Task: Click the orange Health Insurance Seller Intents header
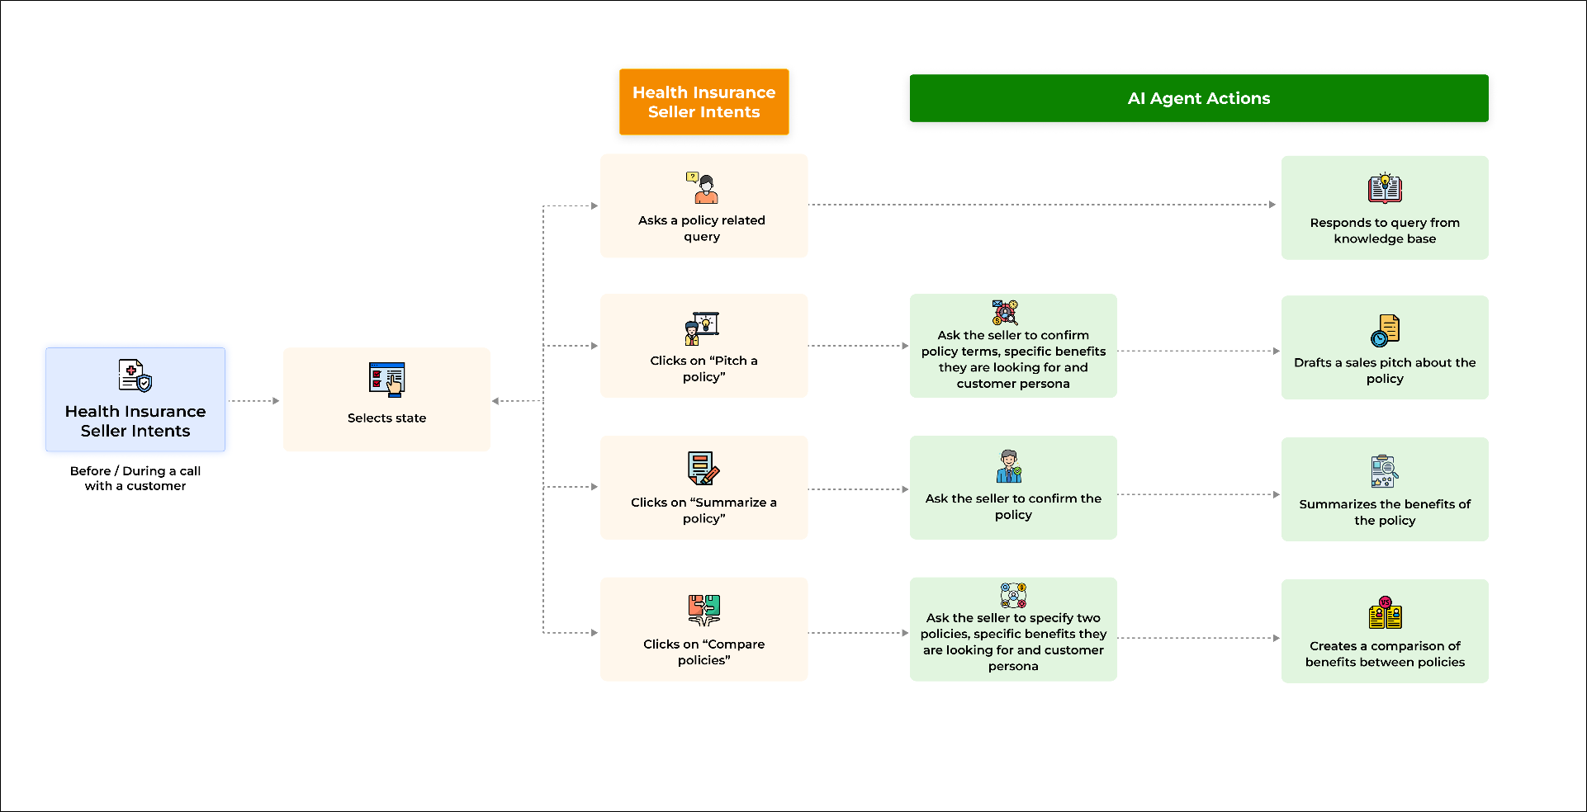tap(703, 101)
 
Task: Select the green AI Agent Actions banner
tap(1199, 98)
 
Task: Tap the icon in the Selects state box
tap(386, 380)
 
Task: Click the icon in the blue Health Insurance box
tap(135, 375)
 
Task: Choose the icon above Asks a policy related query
tap(703, 187)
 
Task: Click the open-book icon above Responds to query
tap(1385, 189)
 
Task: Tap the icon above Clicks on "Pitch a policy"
tap(703, 328)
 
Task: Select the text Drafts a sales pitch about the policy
tap(1385, 371)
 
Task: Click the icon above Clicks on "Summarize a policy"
tap(703, 469)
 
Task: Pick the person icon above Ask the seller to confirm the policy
tap(1009, 466)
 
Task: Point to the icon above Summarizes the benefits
tap(1385, 471)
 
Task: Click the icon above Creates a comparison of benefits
tap(1386, 613)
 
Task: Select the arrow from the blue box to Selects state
tap(254, 401)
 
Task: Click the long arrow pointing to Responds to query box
tap(1042, 205)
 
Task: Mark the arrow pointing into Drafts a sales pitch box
tap(1198, 351)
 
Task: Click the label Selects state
tap(386, 418)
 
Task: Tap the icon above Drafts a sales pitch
tap(1385, 330)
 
